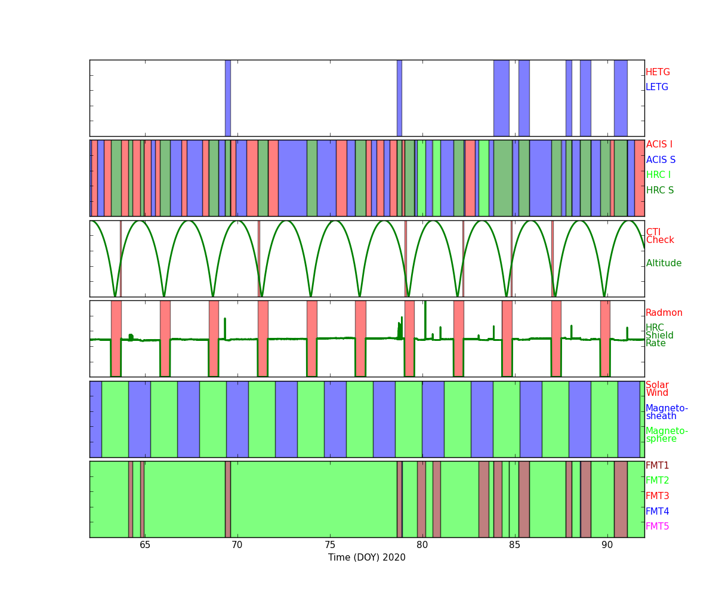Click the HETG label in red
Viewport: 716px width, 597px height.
658,72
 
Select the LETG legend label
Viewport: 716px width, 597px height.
657,87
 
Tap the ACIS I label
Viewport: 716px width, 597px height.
659,144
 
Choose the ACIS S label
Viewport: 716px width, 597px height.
661,159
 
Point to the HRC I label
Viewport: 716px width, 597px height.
658,175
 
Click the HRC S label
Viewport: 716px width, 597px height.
660,190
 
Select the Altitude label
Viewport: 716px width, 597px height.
663,263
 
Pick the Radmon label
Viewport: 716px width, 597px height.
664,313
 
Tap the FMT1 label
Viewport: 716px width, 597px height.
657,465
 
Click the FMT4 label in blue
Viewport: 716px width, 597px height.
657,511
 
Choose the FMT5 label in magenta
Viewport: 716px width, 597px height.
657,526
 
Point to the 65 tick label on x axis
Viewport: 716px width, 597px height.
145,545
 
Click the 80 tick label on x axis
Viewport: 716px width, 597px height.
422,545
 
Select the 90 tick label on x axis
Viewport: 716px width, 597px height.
607,545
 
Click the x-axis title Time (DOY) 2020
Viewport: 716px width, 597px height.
366,558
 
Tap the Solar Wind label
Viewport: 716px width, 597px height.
657,389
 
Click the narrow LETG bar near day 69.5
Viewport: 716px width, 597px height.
228,98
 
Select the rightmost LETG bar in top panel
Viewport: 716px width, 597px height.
621,98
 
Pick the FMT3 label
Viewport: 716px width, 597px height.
657,496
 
